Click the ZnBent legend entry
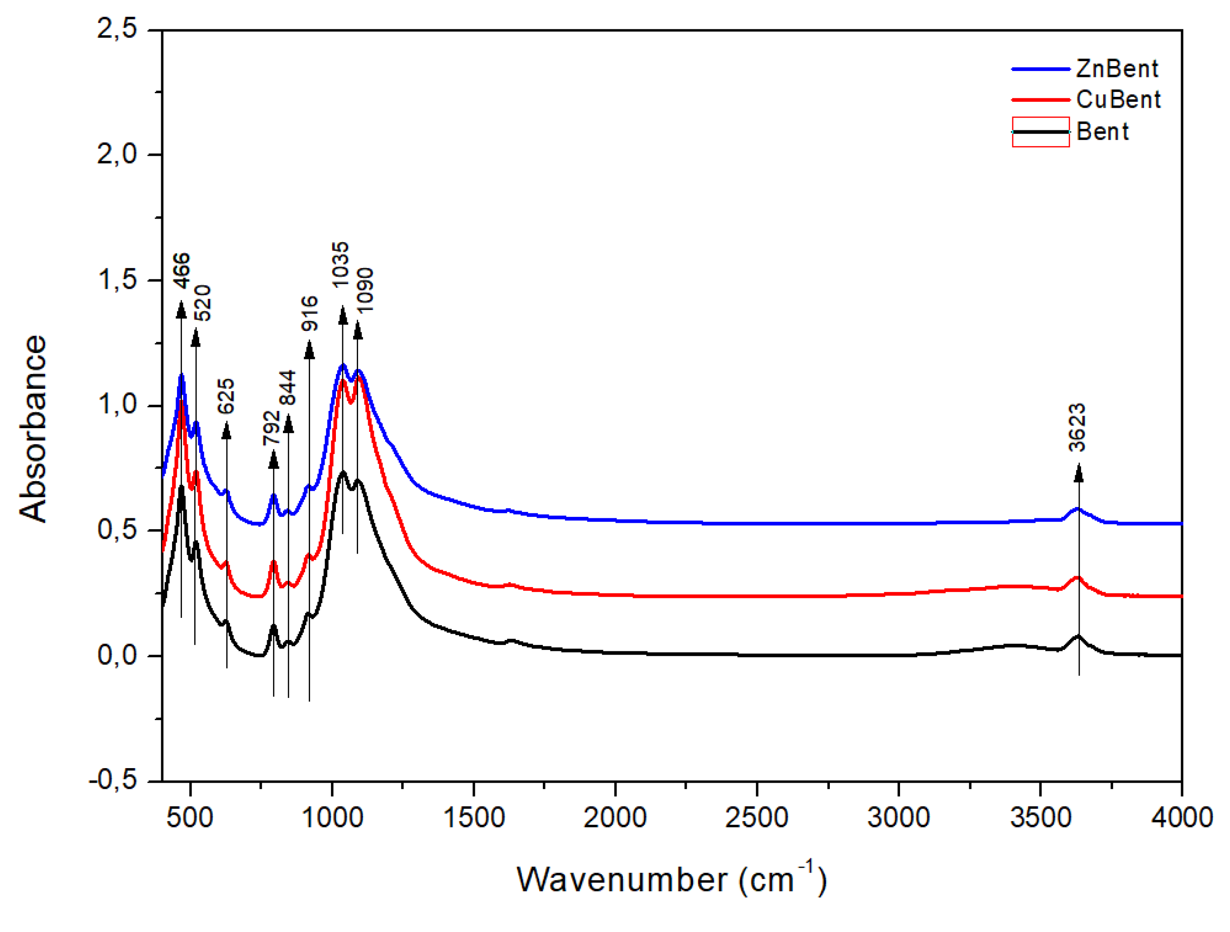(1116, 69)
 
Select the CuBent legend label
(1118, 100)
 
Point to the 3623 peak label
(1077, 428)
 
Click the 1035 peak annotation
(340, 265)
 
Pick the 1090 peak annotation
(365, 291)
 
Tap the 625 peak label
(226, 397)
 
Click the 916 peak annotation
(310, 314)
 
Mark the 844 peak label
(288, 388)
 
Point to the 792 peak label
(271, 428)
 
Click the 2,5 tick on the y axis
(117, 29)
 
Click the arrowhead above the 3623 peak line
(1079, 473)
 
